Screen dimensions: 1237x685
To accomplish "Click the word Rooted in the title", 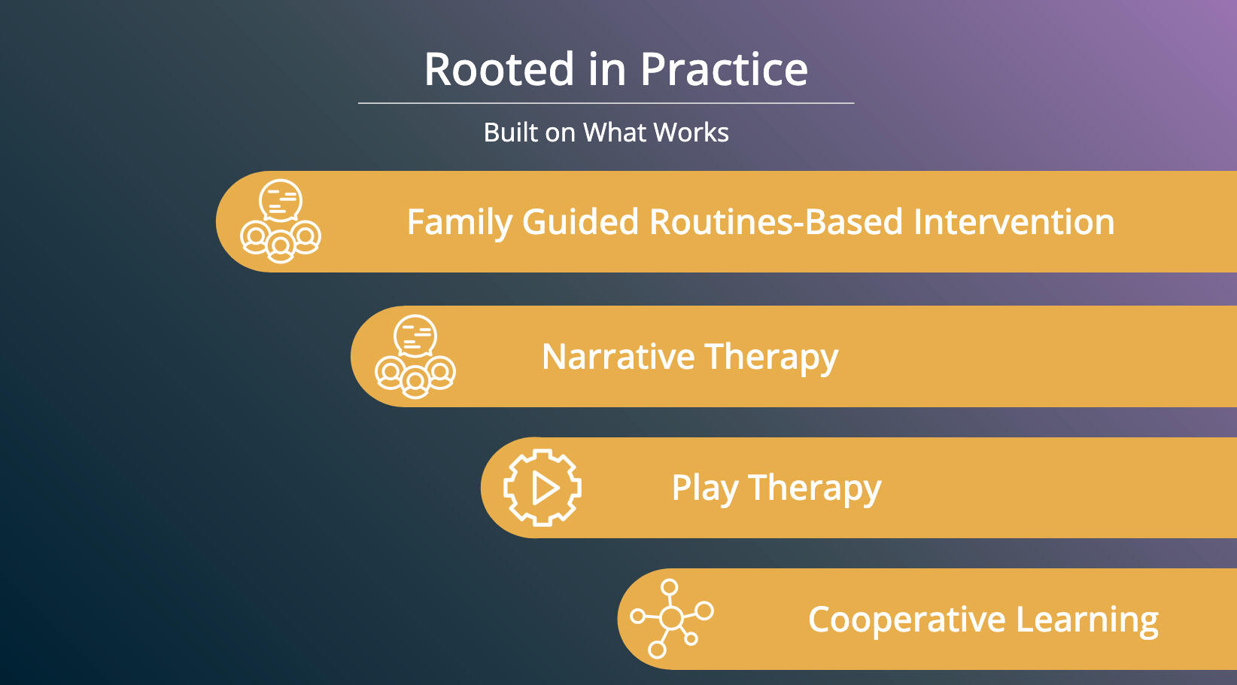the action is coord(499,69).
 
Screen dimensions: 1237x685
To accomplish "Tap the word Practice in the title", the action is coord(724,69).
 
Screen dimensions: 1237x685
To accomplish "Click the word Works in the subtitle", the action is coord(691,132).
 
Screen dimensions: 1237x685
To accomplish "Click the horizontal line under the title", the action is coord(606,103).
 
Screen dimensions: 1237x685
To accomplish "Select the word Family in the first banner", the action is coord(460,223).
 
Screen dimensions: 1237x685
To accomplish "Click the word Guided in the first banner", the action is coord(580,221).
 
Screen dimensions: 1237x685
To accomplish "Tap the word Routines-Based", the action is coord(776,221).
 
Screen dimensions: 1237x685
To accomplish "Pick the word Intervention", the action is coord(1014,221).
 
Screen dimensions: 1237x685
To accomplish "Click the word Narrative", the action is coord(618,357).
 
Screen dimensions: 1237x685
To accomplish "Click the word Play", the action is coord(704,489).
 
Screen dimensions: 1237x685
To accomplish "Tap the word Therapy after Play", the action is coord(815,489).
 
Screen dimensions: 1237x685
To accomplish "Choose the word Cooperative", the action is coord(907,620).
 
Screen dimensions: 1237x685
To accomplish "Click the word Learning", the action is coord(1087,620).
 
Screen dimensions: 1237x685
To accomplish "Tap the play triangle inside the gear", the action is coord(545,488).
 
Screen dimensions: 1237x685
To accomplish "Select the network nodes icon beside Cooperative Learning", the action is coord(671,618).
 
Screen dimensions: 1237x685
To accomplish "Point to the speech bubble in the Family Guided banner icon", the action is coord(281,200).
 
